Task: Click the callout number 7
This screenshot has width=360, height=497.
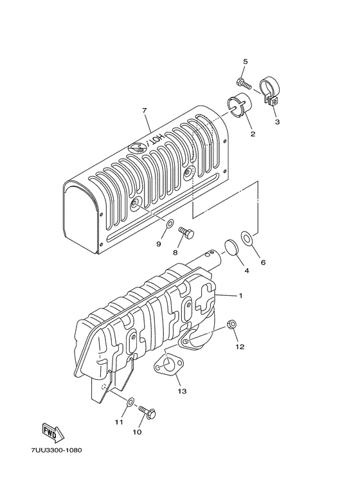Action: click(x=145, y=111)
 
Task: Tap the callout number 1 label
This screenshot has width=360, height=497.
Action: click(x=240, y=296)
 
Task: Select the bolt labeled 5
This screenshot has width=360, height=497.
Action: click(x=242, y=83)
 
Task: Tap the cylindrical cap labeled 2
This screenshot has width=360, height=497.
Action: click(x=241, y=107)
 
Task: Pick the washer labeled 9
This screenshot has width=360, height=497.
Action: click(x=169, y=225)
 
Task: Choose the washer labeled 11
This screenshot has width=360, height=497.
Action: click(x=129, y=402)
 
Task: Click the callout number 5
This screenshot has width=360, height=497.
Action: click(x=244, y=61)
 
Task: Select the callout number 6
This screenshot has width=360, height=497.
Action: click(x=262, y=262)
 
